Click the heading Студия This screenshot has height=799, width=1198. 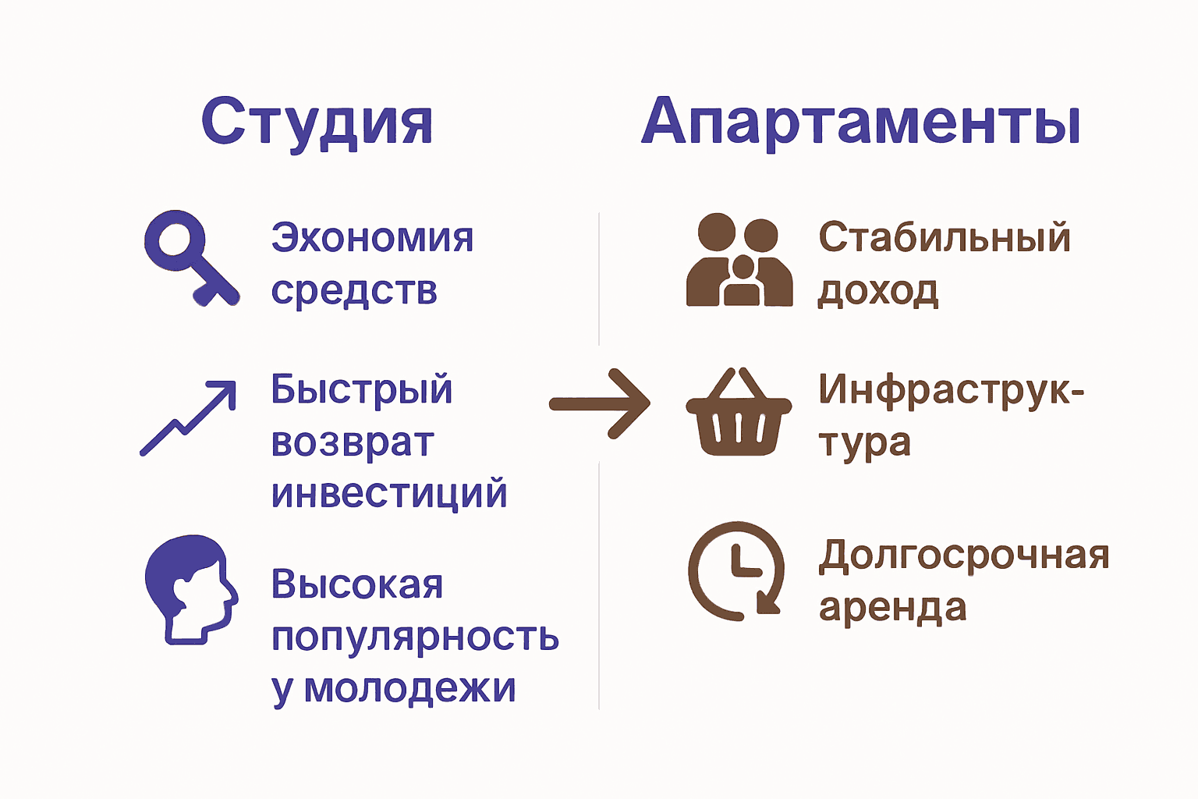pos(317,123)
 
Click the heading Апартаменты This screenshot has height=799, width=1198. pos(860,123)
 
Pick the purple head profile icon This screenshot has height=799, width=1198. pos(190,588)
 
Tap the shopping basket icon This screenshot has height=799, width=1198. pos(738,413)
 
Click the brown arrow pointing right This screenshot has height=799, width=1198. pos(599,403)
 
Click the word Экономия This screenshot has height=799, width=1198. pos(372,237)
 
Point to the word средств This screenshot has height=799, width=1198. pos(354,290)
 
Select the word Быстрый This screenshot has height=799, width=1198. pos(361,389)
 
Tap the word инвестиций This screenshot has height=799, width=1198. pos(389,494)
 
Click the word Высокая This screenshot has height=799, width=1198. pos(357,584)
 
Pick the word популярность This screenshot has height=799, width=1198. pos(415,637)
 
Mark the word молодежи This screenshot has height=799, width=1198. pos(409,688)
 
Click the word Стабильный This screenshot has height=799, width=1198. pos(945,237)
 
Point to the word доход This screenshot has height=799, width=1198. pos(877,290)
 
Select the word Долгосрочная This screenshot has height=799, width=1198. pos(964,556)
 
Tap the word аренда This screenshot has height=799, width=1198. pos(892,607)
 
